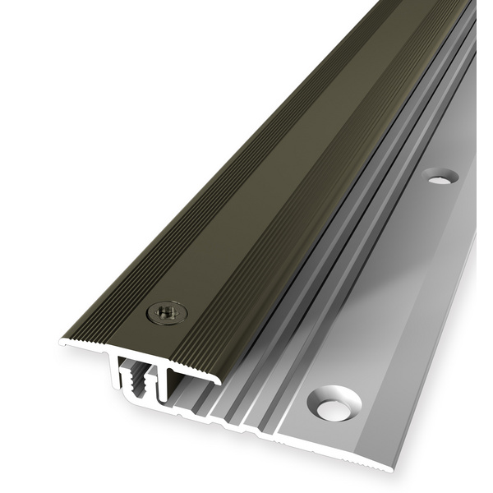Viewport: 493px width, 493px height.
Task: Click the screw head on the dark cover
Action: pyautogui.click(x=166, y=312)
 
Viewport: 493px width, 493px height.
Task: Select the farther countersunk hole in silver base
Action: pyautogui.click(x=440, y=175)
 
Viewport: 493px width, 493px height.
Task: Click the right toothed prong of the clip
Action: pyautogui.click(x=149, y=380)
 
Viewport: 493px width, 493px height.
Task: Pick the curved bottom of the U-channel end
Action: pyautogui.click(x=140, y=400)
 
